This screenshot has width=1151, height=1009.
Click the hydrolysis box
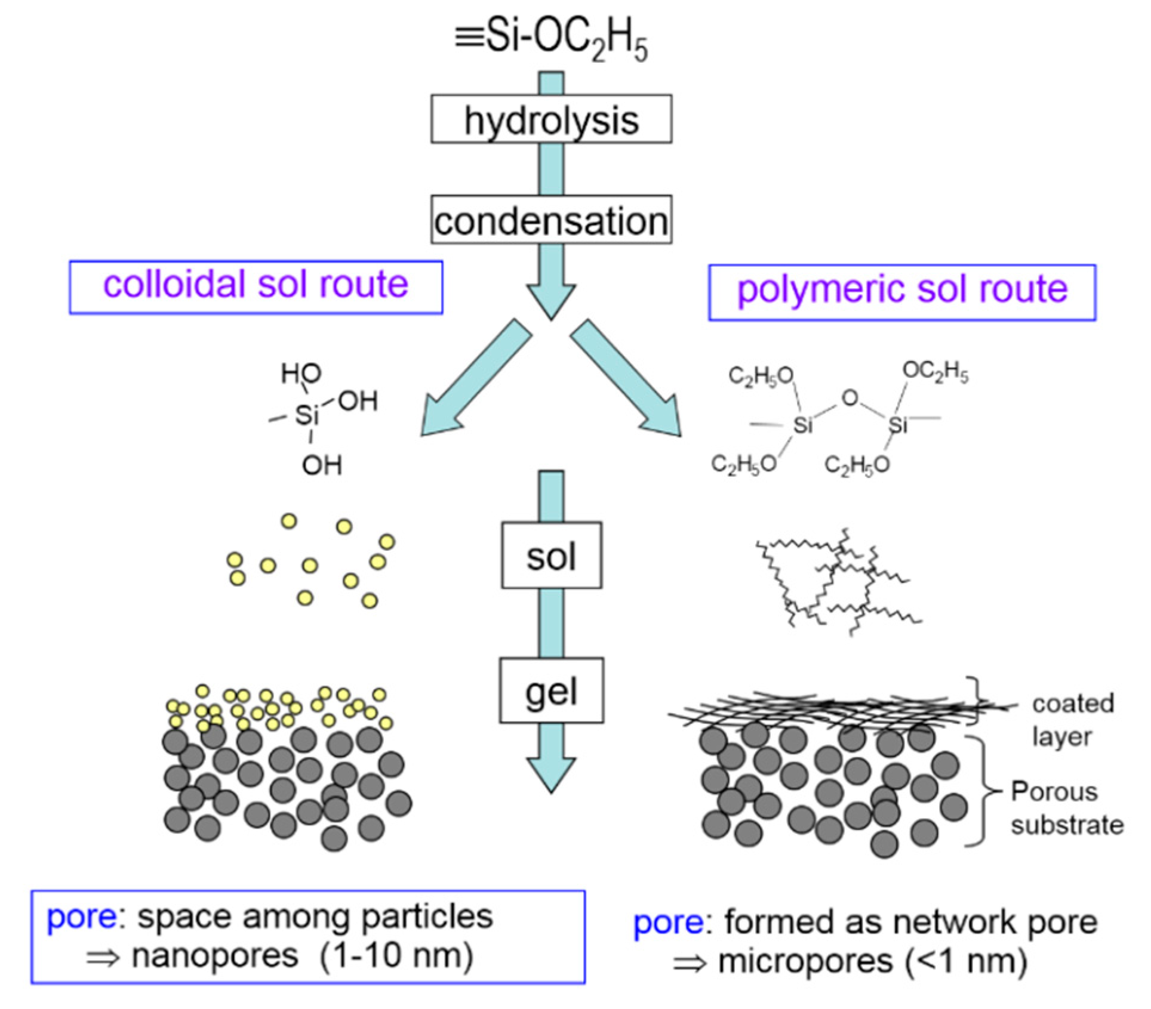(x=551, y=119)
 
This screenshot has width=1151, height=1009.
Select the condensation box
(x=551, y=220)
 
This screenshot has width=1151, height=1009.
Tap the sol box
(x=551, y=556)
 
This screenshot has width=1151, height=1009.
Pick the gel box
(x=551, y=691)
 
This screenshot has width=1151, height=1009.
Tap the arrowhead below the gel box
(x=551, y=773)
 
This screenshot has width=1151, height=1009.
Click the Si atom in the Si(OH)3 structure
(x=306, y=415)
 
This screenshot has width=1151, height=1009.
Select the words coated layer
(x=1072, y=720)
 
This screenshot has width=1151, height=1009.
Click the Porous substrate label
(x=1066, y=809)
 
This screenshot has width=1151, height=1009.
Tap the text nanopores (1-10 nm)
(x=302, y=956)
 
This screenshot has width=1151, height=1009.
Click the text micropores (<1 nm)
(x=872, y=961)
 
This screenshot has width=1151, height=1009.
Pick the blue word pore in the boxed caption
(x=82, y=917)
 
